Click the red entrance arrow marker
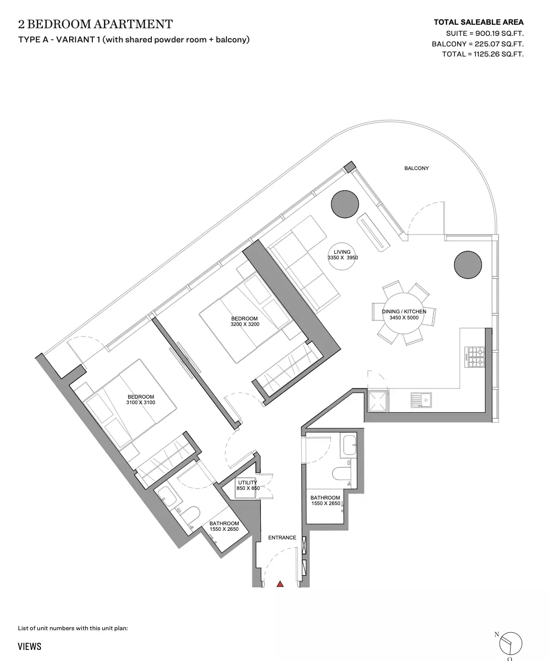pyautogui.click(x=280, y=584)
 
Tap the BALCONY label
pyautogui.click(x=416, y=168)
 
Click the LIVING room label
pyautogui.click(x=342, y=252)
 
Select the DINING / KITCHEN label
pyautogui.click(x=404, y=311)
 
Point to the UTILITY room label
pyautogui.click(x=248, y=482)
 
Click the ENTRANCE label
pyautogui.click(x=282, y=537)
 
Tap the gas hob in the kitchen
pyautogui.click(x=475, y=357)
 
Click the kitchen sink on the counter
pyautogui.click(x=421, y=400)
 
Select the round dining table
pyautogui.click(x=404, y=313)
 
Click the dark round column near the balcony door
pyautogui.click(x=345, y=204)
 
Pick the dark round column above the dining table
pyautogui.click(x=468, y=265)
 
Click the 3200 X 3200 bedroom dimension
pyautogui.click(x=245, y=324)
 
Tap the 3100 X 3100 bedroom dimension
pyautogui.click(x=141, y=402)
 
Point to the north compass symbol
pyautogui.click(x=510, y=643)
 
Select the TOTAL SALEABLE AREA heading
pyautogui.click(x=478, y=22)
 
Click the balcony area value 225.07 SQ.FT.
pyautogui.click(x=499, y=44)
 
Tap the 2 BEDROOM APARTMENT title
pyautogui.click(x=95, y=24)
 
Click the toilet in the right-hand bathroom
pyautogui.click(x=341, y=474)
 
